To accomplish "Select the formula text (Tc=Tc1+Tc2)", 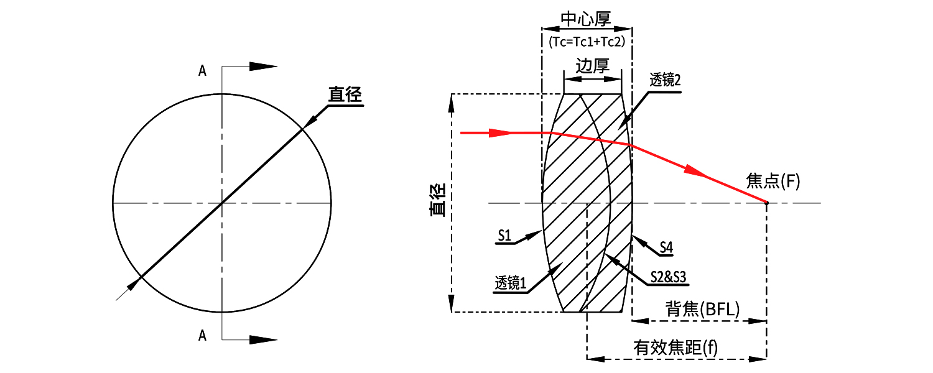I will coord(587,41).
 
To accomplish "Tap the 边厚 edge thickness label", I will coord(592,66).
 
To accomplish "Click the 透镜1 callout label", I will coord(511,283).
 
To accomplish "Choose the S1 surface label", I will coord(504,235).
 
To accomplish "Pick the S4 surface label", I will coord(666,247).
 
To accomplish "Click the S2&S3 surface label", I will coord(668,277).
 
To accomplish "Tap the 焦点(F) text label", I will coord(773,182).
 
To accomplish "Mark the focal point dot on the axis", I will coord(766,203).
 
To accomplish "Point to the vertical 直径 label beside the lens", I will coord(437,200).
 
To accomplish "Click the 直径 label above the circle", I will coord(345,94).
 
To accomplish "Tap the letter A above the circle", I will coord(202,71).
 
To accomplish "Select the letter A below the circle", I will coord(202,336).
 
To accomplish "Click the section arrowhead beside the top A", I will coord(263,66).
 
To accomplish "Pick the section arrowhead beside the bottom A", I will coord(263,339).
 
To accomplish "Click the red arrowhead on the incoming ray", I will coord(499,132).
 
